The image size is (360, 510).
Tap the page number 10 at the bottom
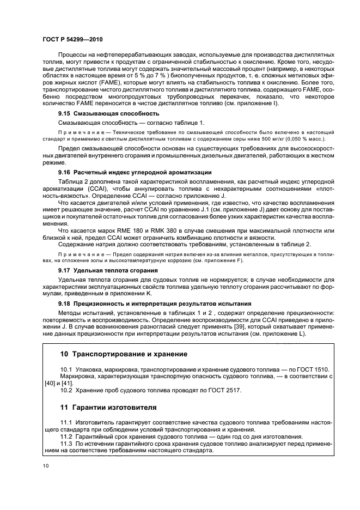pyautogui.click(x=46, y=465)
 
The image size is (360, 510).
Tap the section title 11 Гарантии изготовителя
pyautogui.click(x=108, y=407)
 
